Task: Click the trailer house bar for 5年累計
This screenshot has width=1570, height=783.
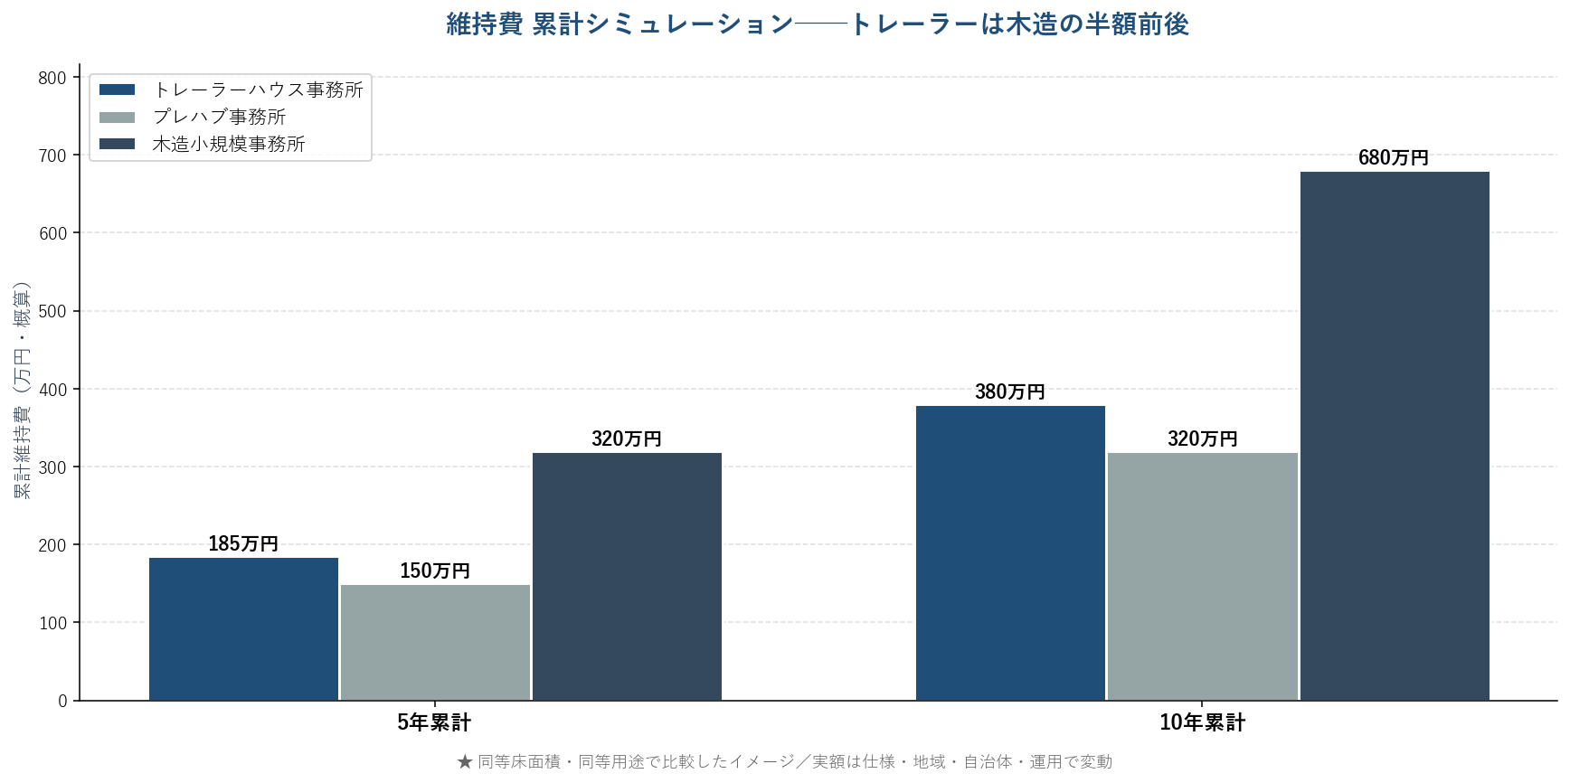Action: point(243,629)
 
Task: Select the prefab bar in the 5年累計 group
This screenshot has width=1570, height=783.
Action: point(435,643)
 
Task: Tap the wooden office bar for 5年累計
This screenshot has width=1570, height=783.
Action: point(627,576)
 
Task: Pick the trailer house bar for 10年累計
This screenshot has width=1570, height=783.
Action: point(1010,552)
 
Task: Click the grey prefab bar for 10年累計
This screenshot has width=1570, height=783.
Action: point(1202,576)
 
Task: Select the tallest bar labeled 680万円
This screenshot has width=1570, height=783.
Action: point(1395,436)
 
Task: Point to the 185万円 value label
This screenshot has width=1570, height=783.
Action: point(243,543)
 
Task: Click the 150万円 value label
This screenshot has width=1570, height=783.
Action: point(435,571)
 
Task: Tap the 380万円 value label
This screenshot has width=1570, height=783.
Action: point(1010,391)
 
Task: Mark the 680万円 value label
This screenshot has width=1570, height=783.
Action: point(1394,157)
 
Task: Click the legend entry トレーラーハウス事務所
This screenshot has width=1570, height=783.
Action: point(258,90)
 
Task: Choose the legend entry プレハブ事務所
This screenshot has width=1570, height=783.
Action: point(219,117)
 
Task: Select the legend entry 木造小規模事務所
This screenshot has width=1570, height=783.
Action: point(229,144)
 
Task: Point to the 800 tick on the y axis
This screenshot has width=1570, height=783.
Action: point(52,78)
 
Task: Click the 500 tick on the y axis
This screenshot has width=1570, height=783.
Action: point(52,311)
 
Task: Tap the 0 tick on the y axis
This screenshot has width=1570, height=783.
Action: point(62,701)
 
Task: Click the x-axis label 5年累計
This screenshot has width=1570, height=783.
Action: point(434,722)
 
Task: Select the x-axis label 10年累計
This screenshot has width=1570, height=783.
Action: point(1202,722)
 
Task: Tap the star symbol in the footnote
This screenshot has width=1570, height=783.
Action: point(465,761)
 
